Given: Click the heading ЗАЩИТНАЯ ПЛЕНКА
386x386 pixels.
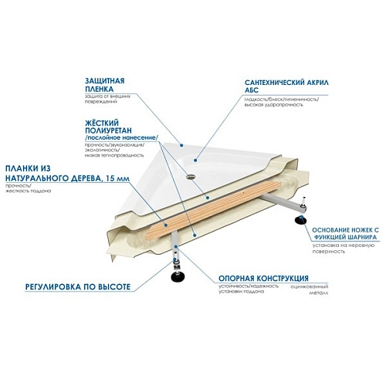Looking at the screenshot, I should (x=107, y=84).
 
